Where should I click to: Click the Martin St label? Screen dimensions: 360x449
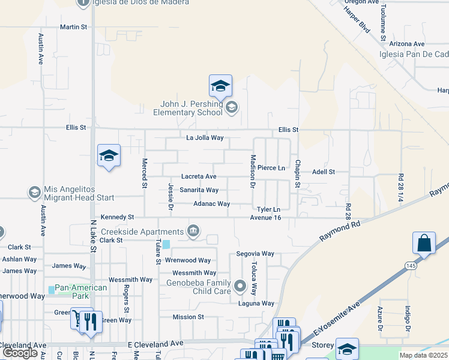point(74,27)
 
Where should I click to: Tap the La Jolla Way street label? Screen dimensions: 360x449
point(205,138)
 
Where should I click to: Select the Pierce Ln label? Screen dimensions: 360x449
point(271,168)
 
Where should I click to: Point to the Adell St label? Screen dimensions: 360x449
point(323,172)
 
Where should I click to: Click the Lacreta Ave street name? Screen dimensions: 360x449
point(199,177)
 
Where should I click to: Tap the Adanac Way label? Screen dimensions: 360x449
point(211,204)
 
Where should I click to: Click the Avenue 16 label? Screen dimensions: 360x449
point(265,217)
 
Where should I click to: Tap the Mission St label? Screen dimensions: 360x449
point(188,317)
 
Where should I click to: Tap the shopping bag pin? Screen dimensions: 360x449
point(424,243)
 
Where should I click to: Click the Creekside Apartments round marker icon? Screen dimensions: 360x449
point(193,230)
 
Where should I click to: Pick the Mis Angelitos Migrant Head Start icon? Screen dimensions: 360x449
point(34,193)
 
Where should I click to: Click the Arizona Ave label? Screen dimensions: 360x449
point(406,44)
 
